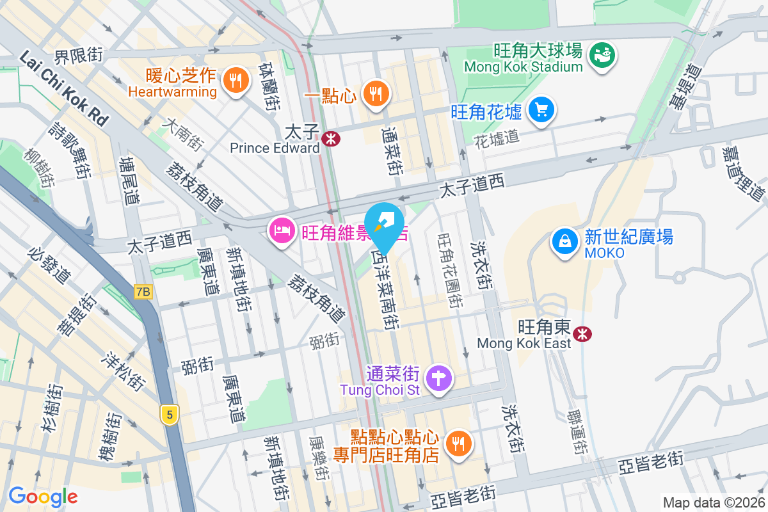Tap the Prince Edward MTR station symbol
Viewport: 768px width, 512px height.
coord(331,138)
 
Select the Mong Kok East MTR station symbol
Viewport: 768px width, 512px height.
coord(582,333)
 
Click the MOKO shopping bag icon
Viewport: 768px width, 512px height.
coord(566,241)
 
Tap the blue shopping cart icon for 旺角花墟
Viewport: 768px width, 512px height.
coord(541,111)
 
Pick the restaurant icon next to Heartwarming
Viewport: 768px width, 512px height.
coord(236,81)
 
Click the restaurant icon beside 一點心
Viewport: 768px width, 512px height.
coord(374,95)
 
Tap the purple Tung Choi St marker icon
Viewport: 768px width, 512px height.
coord(439,377)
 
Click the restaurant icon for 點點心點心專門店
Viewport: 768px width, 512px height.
coord(458,442)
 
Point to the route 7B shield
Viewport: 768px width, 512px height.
coord(143,292)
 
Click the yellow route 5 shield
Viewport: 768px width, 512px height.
coord(169,414)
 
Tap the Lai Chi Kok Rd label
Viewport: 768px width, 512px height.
coord(64,88)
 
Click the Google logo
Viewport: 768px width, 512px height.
coord(43,496)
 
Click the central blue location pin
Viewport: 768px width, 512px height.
coord(386,224)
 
